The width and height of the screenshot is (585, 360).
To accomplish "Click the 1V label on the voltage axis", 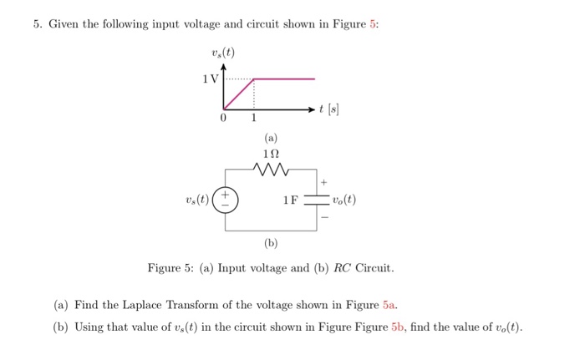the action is (x=209, y=79).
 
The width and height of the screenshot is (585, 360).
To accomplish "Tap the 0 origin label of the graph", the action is (x=222, y=119).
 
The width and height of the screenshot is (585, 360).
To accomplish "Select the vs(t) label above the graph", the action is (x=224, y=55).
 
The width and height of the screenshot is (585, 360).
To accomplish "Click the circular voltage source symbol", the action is (x=224, y=201).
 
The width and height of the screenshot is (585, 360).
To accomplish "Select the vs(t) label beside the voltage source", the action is (x=198, y=201).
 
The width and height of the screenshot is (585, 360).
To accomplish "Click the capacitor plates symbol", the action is (x=317, y=201).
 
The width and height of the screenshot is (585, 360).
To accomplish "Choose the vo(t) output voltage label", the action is (x=343, y=201).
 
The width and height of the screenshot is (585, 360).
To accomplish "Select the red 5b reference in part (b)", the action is (x=398, y=327).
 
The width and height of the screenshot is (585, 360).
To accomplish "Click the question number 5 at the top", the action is (x=38, y=24).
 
